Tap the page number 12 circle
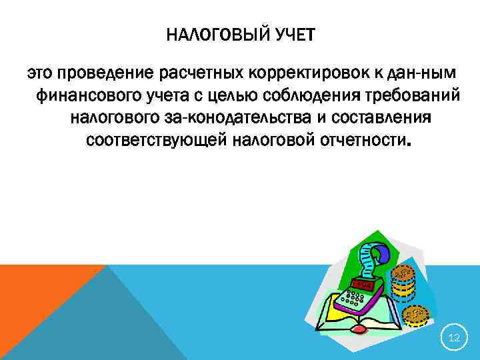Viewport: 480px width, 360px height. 454,339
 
